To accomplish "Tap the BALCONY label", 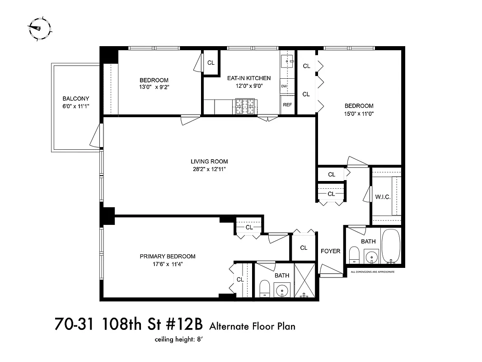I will (x=75, y=99).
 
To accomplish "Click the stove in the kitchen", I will (x=245, y=107).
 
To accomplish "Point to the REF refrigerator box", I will (x=287, y=105).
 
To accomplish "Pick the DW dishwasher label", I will (x=284, y=86).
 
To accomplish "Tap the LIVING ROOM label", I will (x=209, y=162).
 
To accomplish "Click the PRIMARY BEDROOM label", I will (x=168, y=257).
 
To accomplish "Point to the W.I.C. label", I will (x=383, y=197).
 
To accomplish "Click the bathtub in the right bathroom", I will (x=391, y=246).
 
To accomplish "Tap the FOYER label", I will (x=330, y=251).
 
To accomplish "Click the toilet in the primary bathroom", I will (x=265, y=288).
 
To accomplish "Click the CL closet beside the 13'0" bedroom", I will (x=211, y=63).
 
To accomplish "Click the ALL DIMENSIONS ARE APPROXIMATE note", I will (x=373, y=272).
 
